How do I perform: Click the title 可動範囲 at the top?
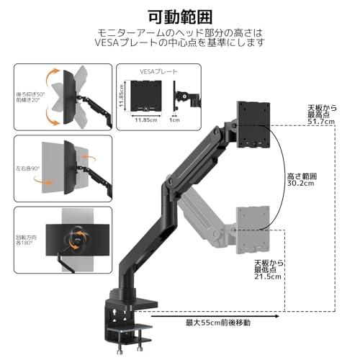point(179,16)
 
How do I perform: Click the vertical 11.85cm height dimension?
point(122,95)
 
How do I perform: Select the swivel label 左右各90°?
point(27,171)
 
